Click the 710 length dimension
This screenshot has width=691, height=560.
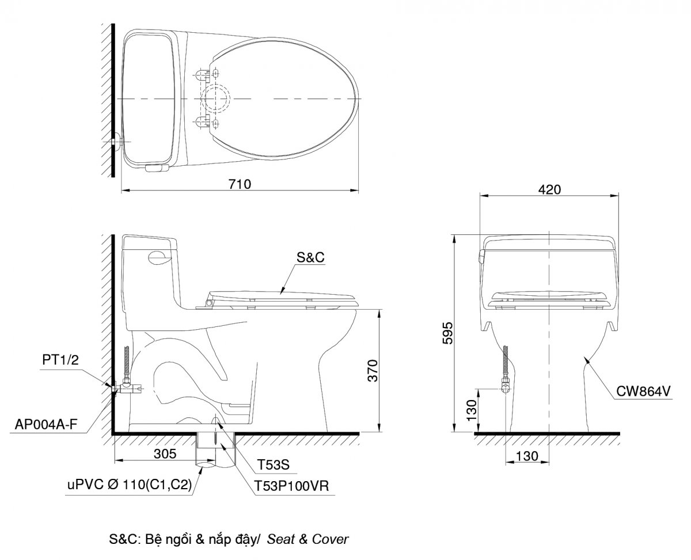point(240,184)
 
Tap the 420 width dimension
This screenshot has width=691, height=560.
point(549,190)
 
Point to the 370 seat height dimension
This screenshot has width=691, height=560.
point(373,371)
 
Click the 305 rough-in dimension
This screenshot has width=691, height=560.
point(165,454)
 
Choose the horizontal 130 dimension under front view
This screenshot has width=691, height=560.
point(527,456)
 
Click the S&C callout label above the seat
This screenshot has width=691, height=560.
point(310,257)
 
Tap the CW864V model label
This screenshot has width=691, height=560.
point(643,391)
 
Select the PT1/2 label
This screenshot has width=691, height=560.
point(60,360)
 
